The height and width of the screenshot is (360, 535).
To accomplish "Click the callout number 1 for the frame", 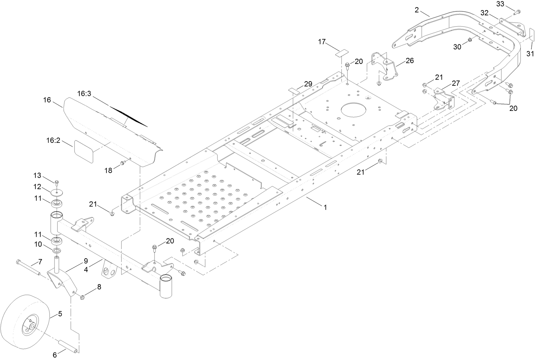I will click(325, 207).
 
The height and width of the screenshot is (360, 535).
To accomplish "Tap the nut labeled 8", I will click(82, 297).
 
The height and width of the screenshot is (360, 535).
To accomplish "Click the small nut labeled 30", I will click(470, 40).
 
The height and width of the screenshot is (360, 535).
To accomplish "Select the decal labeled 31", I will click(531, 34).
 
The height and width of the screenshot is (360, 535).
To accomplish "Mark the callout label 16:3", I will click(84, 94).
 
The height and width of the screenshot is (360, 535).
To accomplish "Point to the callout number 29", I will click(308, 84).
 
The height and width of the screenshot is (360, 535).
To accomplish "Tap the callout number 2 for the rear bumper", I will click(417, 10).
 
